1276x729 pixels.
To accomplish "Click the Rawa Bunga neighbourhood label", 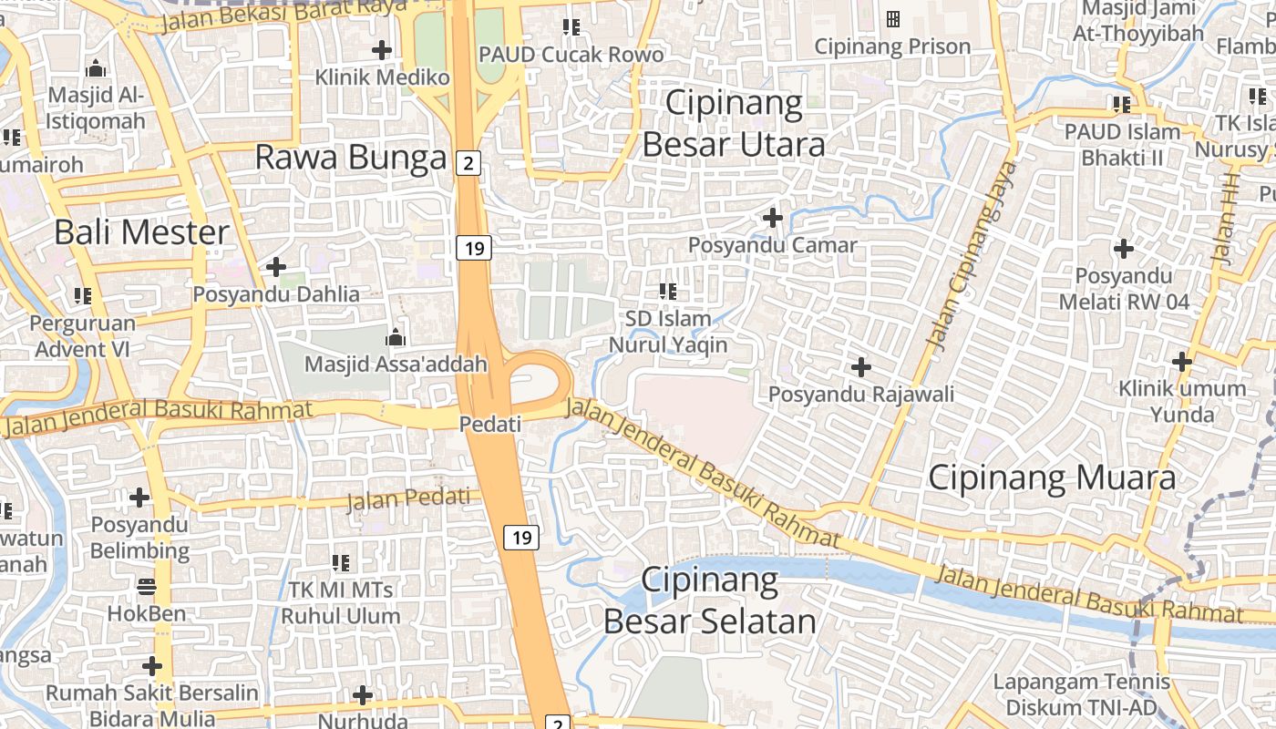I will (x=351, y=157).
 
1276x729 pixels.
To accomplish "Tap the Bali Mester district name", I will (x=141, y=232).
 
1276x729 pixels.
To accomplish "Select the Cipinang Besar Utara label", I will (x=734, y=123).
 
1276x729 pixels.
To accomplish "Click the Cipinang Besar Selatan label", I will (x=709, y=601).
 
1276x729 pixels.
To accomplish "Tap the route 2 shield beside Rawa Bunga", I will (x=468, y=162).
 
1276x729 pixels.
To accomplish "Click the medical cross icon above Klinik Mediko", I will (x=382, y=49).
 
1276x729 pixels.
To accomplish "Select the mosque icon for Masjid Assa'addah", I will (x=395, y=338).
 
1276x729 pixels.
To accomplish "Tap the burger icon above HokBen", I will (x=147, y=586).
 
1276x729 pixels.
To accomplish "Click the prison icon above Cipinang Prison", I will (x=892, y=18).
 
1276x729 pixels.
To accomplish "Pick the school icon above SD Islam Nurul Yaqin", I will (x=667, y=292).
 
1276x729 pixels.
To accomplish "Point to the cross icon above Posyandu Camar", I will (x=773, y=218).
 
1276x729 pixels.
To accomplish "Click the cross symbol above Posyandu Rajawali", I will (x=860, y=367).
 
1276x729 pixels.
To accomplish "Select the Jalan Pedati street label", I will (x=414, y=499).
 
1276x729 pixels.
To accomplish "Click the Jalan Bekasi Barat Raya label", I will (x=283, y=15).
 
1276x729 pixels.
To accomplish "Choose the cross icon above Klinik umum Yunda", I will (x=1182, y=362).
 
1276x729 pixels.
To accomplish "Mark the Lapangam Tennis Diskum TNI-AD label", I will (x=1081, y=694).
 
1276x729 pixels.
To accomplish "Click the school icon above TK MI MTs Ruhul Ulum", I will (x=341, y=562).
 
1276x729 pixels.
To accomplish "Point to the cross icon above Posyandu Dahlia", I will (x=275, y=267).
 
